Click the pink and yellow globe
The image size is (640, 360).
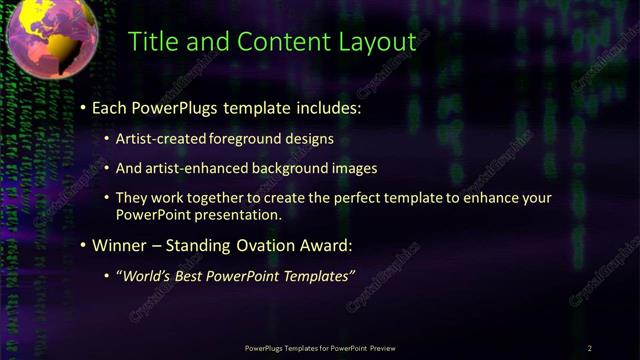51,38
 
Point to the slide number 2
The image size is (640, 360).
589,348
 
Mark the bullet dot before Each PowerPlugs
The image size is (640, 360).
82,107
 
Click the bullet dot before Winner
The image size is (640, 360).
82,246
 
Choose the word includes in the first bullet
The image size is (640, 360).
326,106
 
